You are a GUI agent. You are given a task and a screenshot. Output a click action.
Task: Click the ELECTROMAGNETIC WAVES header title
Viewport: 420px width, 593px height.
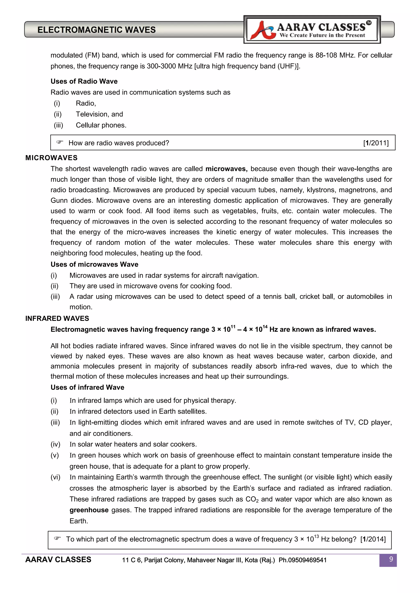[x=96, y=30]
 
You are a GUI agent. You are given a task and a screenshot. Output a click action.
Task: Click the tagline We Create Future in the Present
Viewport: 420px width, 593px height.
[x=322, y=35]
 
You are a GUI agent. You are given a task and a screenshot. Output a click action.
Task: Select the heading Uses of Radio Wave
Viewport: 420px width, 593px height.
[x=84, y=81]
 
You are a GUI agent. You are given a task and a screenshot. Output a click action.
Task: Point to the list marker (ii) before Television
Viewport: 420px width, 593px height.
[x=58, y=114]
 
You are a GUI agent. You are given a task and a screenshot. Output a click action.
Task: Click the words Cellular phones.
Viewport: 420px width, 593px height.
[x=101, y=125]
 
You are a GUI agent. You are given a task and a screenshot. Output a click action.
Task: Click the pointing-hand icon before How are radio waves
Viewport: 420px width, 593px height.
[x=60, y=142]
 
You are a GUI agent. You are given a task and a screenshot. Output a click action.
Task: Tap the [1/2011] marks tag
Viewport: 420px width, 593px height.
[x=376, y=143]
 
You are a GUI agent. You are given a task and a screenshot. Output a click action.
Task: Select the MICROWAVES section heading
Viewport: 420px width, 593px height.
[x=51, y=158]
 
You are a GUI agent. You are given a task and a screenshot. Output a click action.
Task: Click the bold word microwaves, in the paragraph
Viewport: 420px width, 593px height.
[x=226, y=169]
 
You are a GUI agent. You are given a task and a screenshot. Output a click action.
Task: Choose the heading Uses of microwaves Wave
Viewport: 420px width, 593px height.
[x=94, y=264]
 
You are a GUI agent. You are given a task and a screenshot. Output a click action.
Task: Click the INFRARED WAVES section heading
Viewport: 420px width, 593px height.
[x=57, y=319]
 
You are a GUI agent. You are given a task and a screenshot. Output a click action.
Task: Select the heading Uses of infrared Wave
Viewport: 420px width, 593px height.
[x=87, y=387]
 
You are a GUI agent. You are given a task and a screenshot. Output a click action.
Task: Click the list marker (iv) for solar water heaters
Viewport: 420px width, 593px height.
[x=55, y=444]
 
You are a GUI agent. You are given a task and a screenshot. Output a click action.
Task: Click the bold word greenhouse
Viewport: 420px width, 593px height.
[x=89, y=510]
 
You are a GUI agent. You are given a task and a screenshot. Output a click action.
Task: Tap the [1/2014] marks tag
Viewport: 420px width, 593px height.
[x=373, y=539]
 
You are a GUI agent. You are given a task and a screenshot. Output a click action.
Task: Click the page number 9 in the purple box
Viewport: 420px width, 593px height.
[x=391, y=559]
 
